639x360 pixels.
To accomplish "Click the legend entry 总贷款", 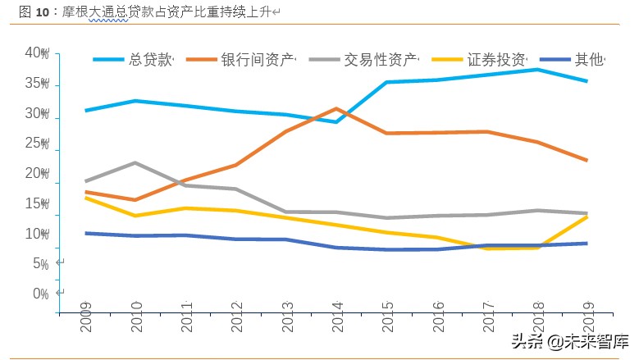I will (150, 60).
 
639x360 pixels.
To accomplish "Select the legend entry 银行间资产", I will (257, 60).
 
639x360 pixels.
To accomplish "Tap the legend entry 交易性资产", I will (380, 60).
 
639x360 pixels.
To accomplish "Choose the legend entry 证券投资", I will (497, 60).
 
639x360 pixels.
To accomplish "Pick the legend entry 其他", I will (588, 60).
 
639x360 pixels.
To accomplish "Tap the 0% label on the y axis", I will (40, 294).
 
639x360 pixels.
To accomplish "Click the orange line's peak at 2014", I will (336, 108).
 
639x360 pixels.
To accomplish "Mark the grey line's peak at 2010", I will (135, 162).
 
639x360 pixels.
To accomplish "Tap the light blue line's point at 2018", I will (537, 69).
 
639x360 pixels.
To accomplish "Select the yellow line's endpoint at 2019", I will (587, 216).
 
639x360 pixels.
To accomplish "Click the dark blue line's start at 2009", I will (85, 233).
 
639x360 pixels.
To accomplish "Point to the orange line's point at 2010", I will (135, 200).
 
